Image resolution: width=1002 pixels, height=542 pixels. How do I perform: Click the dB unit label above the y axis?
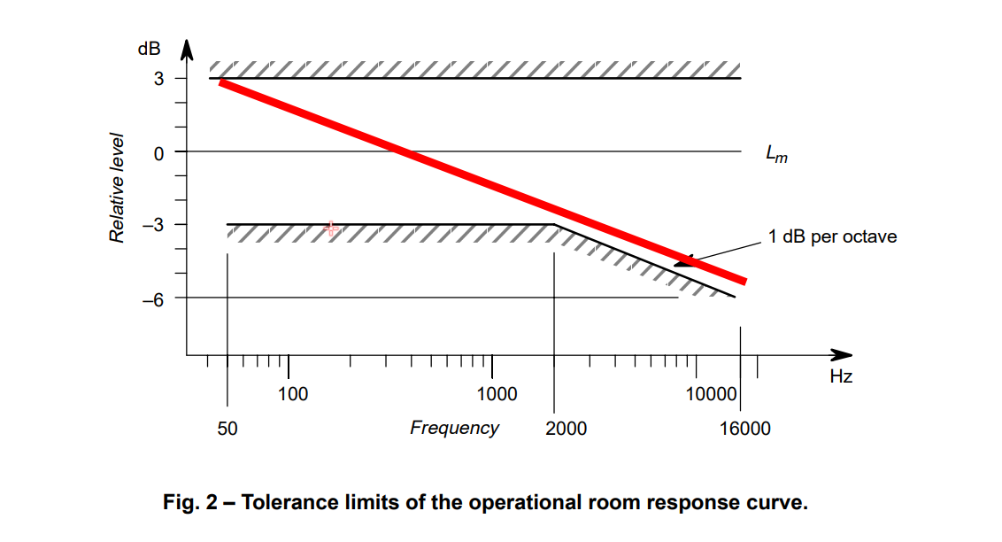tap(149, 50)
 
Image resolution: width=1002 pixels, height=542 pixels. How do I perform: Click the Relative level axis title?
tap(116, 189)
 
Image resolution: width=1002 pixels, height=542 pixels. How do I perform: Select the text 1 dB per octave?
tap(833, 236)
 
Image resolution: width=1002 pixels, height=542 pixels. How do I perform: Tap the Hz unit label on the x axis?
tap(841, 376)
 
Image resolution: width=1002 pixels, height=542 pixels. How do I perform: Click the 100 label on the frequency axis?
tap(293, 393)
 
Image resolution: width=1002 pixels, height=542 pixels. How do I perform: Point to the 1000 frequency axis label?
tap(497, 393)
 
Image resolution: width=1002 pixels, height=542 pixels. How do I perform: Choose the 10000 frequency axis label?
tap(712, 393)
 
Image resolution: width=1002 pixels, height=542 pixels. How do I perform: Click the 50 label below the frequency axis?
tap(227, 429)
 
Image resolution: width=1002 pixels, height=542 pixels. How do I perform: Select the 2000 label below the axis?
tap(566, 429)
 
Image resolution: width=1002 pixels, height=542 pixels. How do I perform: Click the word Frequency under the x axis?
tap(454, 429)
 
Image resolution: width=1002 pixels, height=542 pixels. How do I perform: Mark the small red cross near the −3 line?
tap(332, 228)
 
